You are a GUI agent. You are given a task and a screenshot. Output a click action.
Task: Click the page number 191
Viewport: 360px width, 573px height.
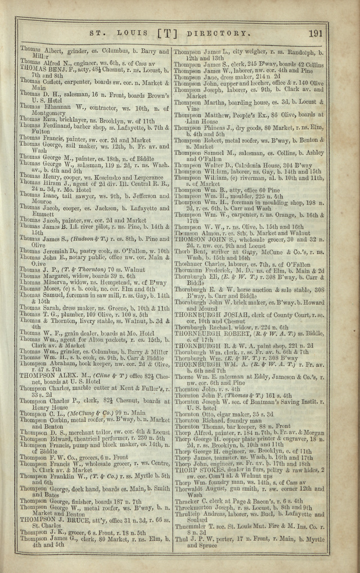click(x=316, y=33)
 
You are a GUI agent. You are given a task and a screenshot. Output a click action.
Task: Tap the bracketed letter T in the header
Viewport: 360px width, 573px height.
click(x=167, y=33)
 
